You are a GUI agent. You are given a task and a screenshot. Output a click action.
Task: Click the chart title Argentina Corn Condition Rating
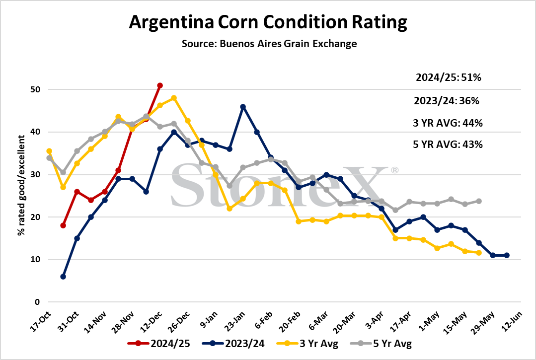coord(268,22)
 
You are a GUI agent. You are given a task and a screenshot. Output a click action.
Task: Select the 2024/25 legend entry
coord(158,343)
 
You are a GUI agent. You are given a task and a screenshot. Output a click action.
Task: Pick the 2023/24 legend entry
coord(233,343)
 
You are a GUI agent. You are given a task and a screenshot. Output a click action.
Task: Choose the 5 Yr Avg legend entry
coord(381,343)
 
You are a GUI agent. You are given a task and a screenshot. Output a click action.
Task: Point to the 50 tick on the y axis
coord(35,89)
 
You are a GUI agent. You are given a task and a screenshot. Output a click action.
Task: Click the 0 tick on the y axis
coord(37,302)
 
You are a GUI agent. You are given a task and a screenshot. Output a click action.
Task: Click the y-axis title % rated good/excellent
coord(21,185)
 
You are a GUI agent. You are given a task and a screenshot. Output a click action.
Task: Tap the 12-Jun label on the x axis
coord(512,321)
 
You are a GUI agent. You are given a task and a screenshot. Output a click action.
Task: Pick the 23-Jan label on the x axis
coord(235,321)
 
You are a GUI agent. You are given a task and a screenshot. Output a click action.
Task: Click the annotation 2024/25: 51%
coord(448,77)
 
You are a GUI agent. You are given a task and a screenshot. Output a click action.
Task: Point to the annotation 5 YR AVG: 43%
coord(448,144)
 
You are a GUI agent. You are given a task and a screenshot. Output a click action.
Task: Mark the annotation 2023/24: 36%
coord(447,101)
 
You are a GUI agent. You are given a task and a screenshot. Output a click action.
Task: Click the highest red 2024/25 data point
coord(159,85)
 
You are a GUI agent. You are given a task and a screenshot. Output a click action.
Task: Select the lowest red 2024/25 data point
coord(63,225)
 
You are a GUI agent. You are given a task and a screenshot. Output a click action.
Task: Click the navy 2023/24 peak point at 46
coord(243,107)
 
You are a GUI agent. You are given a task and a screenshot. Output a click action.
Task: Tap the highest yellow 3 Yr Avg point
coord(174,98)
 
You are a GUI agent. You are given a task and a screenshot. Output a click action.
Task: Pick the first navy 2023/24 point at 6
coord(63,277)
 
